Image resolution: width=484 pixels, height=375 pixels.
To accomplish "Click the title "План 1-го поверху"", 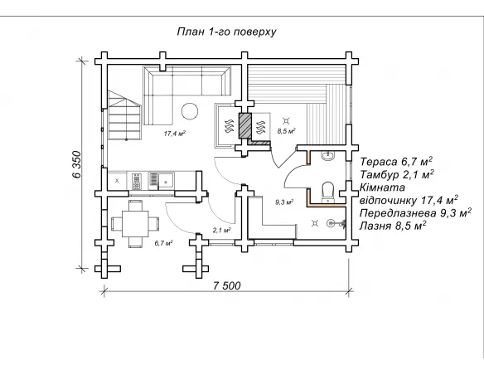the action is [x=226, y=32].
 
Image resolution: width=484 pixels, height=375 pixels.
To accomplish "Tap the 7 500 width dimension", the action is [x=226, y=285].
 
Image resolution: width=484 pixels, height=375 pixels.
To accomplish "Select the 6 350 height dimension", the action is [x=77, y=164].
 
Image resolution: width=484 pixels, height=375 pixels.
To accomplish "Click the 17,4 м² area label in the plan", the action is [x=174, y=134].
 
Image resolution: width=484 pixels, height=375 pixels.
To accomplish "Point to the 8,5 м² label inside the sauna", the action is [x=287, y=131].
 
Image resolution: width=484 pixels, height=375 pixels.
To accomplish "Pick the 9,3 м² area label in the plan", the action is [x=284, y=202].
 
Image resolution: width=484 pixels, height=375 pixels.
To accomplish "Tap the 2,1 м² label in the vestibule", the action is [x=222, y=230].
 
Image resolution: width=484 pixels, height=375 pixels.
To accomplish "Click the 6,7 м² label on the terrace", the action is [x=163, y=243].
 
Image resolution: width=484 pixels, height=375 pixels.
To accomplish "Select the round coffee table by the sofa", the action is [x=190, y=111].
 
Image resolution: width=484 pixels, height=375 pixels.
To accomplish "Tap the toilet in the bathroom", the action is [x=327, y=192].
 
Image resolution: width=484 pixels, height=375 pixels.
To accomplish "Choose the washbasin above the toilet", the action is [x=328, y=156].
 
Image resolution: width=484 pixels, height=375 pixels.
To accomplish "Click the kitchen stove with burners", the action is [x=137, y=182].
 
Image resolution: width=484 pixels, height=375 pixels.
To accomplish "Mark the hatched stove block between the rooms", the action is [x=244, y=125].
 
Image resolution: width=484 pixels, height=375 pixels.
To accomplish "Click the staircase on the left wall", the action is [x=124, y=115].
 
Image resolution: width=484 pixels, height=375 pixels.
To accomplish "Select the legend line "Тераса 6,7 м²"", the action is [x=396, y=162].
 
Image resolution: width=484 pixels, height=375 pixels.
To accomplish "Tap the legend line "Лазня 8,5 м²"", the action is [x=393, y=226].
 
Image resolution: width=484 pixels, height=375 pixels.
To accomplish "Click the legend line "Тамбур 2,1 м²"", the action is [x=397, y=174].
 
